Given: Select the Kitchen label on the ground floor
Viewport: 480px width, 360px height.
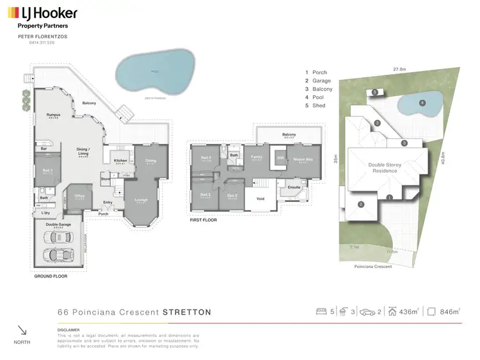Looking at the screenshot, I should tap(120, 160).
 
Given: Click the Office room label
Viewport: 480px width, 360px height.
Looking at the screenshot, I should tap(80, 196).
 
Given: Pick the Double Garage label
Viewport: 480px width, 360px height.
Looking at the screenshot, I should tap(58, 224).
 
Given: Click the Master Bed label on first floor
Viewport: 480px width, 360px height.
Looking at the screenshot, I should tap(303, 159).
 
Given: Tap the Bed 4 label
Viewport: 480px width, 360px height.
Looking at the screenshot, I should tap(205, 157).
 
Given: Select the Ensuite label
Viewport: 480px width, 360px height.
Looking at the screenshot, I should tap(294, 187).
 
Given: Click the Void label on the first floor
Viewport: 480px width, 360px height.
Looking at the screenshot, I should tap(260, 198).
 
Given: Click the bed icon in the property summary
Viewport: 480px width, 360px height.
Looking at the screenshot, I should tap(321, 312).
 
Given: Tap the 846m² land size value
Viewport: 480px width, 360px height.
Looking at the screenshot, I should tap(451, 312).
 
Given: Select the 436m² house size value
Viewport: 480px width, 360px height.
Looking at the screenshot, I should tap(408, 312).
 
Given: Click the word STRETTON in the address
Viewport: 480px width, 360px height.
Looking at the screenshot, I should tap(186, 313).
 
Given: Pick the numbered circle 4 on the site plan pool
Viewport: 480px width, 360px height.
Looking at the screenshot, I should tap(422, 102).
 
